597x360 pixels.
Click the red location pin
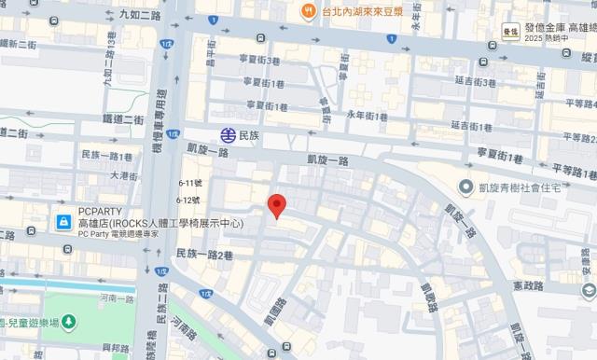[276, 206]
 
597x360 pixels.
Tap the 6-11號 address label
[189, 183]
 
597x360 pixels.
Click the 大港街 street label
[124, 174]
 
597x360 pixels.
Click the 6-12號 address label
[189, 200]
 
